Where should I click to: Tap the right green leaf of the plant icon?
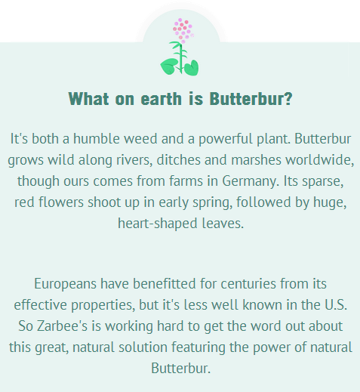coord(192,68)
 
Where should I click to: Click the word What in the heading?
coord(88,98)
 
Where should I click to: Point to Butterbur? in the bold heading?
coord(251,98)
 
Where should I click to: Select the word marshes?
coord(256,160)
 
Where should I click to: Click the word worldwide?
coord(318,160)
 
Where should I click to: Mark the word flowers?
coord(61,202)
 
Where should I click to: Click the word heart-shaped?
coord(158,224)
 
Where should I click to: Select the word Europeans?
coord(65,284)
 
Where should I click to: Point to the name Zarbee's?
coord(62,326)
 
